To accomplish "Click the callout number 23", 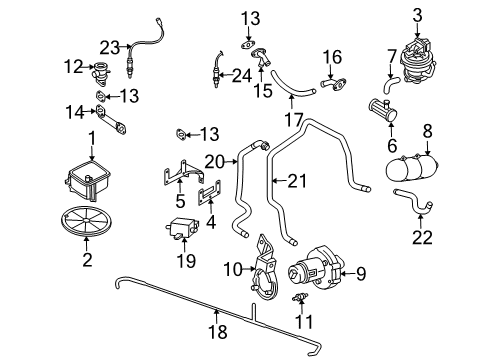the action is point(110,48).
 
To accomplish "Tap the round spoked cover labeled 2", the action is point(86,221).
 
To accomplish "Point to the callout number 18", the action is point(218,331).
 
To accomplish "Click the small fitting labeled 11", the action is point(300,297).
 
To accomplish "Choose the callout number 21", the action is point(297,181).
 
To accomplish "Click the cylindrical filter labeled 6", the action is point(383,110).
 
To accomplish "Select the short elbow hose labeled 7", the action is point(390,84).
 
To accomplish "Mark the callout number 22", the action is point(422,237).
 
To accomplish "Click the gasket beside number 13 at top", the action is point(248,45).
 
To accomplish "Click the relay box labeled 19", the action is point(183,227).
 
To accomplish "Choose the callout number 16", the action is point(332,57).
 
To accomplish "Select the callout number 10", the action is point(233,269).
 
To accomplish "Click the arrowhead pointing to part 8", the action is point(428,152).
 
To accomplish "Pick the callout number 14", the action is point(75,112).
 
